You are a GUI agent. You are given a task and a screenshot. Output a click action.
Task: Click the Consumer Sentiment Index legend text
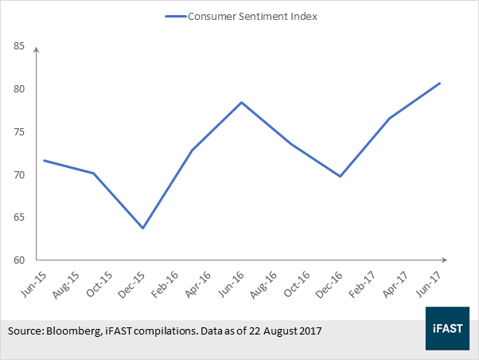pyautogui.click(x=252, y=16)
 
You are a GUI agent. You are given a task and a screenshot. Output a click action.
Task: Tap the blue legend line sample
pyautogui.click(x=176, y=17)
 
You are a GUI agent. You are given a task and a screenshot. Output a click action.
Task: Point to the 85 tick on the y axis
pyautogui.click(x=19, y=46)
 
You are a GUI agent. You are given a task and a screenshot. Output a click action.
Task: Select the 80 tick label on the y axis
pyautogui.click(x=19, y=88)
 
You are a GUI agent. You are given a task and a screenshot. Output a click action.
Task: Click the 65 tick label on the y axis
pyautogui.click(x=19, y=217)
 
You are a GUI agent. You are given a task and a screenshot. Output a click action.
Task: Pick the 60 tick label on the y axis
pyautogui.click(x=19, y=260)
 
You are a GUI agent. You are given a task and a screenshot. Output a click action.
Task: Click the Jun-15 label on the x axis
pyautogui.click(x=33, y=284)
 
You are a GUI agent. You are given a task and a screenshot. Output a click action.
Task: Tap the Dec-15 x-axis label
pyautogui.click(x=132, y=285)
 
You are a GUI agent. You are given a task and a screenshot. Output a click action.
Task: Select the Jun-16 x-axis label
pyautogui.click(x=232, y=284)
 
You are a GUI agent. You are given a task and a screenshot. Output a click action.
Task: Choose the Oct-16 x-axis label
pyautogui.click(x=297, y=284)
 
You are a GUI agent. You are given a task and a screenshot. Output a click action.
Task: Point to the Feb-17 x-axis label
pyautogui.click(x=362, y=285)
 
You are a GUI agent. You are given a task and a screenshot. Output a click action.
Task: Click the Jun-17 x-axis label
pyautogui.click(x=428, y=284)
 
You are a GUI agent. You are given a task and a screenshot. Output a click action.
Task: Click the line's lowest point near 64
pyautogui.click(x=142, y=228)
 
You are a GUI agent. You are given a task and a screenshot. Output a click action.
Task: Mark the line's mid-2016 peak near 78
pyautogui.click(x=241, y=102)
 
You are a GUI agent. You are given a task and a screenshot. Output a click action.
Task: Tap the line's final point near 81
pyautogui.click(x=439, y=83)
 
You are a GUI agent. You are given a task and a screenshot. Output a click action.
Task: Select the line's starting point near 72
pyautogui.click(x=45, y=160)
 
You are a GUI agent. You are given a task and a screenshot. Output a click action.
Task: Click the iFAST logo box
pyautogui.click(x=447, y=328)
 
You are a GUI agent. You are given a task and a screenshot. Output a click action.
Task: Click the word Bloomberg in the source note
pyautogui.click(x=74, y=331)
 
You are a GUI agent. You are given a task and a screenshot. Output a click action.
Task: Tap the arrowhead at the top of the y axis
pyautogui.click(x=37, y=49)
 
